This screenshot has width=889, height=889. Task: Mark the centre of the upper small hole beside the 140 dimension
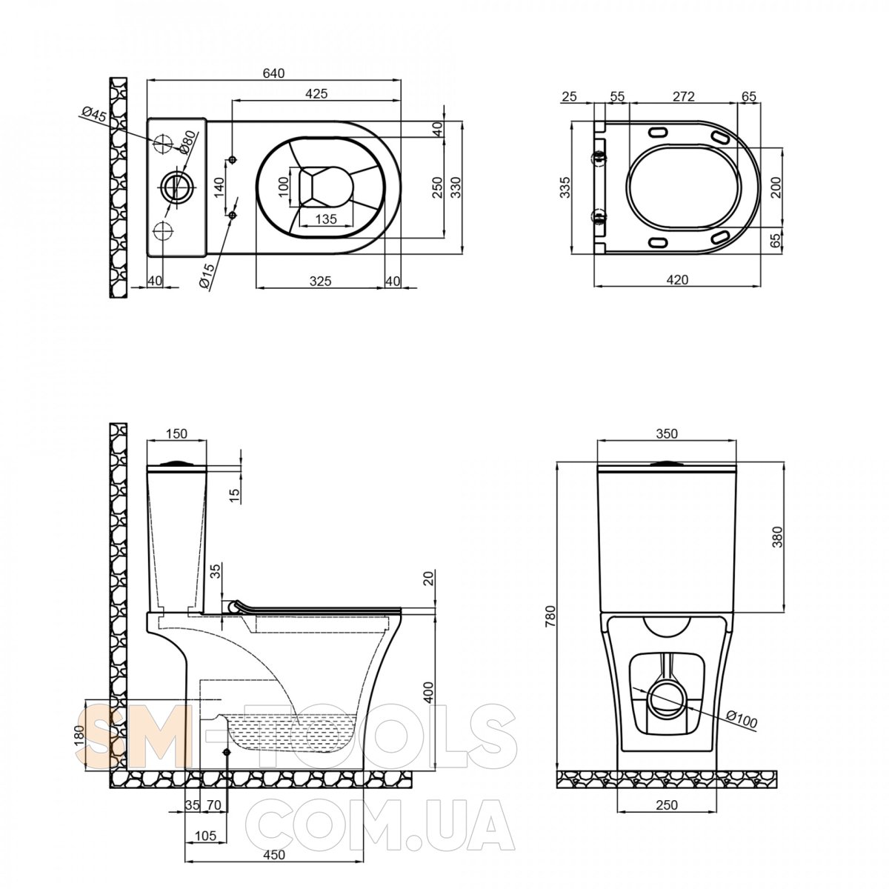pos(233,159)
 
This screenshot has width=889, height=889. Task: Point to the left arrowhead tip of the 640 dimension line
pos(147,80)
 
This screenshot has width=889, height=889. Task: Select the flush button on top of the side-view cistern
pos(176,463)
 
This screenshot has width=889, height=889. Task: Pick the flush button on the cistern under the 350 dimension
pos(666,463)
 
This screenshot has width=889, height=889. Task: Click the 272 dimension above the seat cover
pos(683,96)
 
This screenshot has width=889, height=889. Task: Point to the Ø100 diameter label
pos(741,720)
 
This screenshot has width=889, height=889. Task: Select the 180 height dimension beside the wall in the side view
pos(79,735)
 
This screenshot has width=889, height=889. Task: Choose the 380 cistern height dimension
pos(777,536)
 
